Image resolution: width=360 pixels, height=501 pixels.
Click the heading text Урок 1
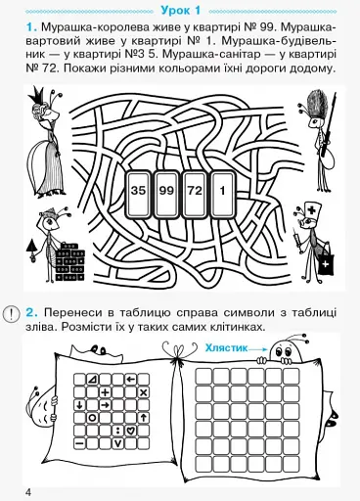click(179, 8)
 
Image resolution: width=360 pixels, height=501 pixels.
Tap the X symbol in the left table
click(143, 391)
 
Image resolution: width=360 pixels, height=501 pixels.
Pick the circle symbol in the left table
click(93, 417)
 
